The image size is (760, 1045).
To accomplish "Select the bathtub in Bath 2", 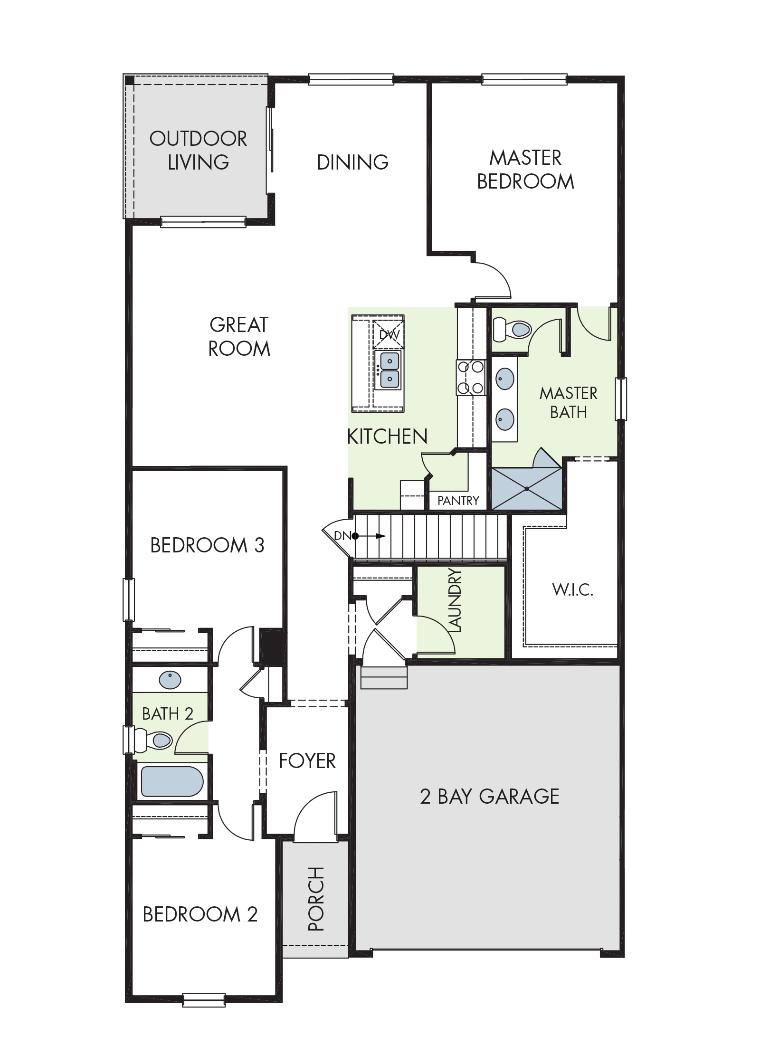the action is [172, 781].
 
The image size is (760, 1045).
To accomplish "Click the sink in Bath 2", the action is [170, 680].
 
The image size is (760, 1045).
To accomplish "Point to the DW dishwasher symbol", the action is [389, 334].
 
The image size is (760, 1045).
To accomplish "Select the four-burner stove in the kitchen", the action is [471, 377].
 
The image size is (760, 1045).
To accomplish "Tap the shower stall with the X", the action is [527, 488].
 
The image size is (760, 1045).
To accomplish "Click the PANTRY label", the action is [458, 500].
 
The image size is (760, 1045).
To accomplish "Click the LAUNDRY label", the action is [455, 601].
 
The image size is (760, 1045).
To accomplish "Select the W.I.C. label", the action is [572, 590].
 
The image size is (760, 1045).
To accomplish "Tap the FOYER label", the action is [307, 761].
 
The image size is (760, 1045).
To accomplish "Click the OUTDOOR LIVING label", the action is [198, 151].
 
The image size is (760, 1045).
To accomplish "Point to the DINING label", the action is [352, 162].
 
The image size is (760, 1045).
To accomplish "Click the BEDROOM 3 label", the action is [207, 545].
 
